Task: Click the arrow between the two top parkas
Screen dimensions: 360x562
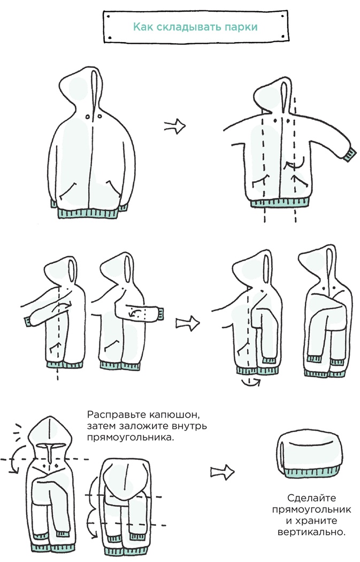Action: pos(174,126)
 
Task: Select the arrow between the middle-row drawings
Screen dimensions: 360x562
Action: pos(188,324)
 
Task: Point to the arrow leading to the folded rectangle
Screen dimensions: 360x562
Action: pos(223,472)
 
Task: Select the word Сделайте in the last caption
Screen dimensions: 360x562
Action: pos(311,498)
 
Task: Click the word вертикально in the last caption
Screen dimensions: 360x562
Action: pos(311,532)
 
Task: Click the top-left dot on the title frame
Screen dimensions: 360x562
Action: pos(108,17)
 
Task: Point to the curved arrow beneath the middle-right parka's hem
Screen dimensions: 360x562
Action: pos(250,382)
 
